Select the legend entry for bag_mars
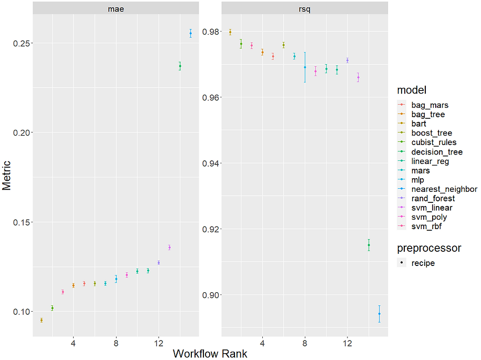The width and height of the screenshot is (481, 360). [429, 105]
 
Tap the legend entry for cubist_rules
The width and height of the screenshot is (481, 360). [433, 142]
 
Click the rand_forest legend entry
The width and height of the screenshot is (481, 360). [433, 199]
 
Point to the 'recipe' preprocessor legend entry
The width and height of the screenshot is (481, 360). [423, 263]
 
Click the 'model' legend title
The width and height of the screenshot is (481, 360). [412, 90]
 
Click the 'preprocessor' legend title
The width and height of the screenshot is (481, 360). [429, 248]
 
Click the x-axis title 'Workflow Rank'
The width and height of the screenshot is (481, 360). [210, 353]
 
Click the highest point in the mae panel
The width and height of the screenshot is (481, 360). [190, 33]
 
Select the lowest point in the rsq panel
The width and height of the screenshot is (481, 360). [379, 314]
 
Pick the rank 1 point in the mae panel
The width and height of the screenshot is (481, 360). [42, 320]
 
